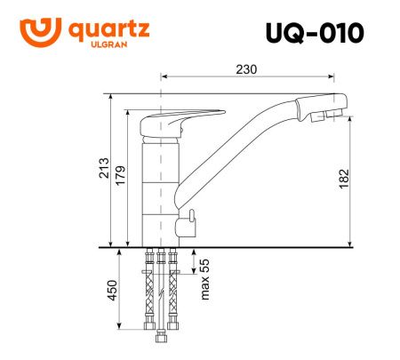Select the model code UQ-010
click(x=315, y=33)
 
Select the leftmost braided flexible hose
click(x=148, y=293)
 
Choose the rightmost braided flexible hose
click(x=173, y=293)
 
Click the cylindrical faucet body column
click(x=160, y=187)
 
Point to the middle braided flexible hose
click(x=161, y=293)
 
